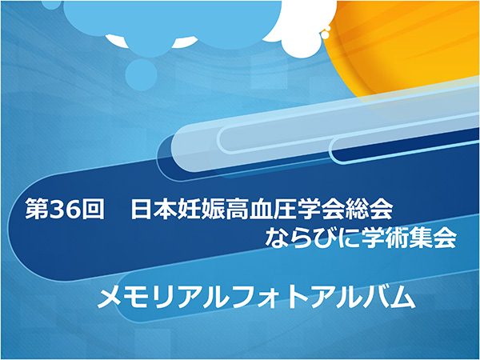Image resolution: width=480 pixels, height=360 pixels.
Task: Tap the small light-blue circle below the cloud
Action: pos(141,74)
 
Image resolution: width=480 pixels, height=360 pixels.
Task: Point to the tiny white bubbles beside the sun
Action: pos(326,32)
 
